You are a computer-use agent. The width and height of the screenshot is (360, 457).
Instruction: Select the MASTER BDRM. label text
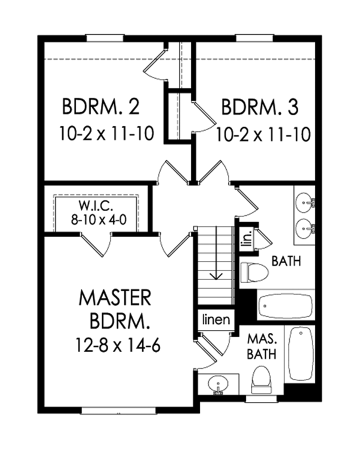(x=114, y=308)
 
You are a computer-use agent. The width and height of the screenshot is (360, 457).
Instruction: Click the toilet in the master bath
(x=262, y=379)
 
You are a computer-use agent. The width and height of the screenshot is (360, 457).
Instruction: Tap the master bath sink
(x=217, y=384)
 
